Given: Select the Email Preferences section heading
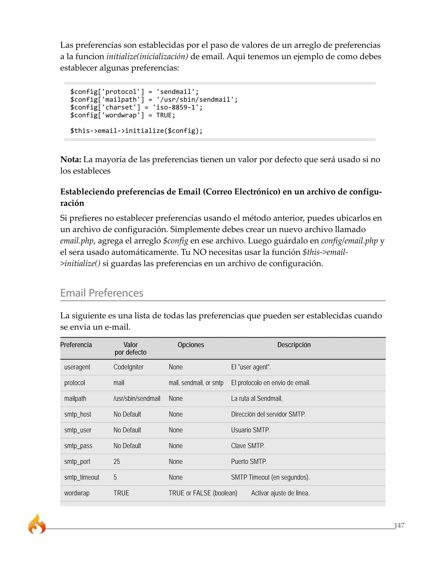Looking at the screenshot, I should point(102,293).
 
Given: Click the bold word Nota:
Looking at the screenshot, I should point(71,159).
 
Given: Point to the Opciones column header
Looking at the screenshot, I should point(191,345).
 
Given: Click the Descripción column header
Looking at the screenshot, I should point(294,345).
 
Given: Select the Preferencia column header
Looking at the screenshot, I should point(76,345).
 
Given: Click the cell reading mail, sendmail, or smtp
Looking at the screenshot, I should point(196,383).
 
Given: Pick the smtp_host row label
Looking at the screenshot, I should point(78,414).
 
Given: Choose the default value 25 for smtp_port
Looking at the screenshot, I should point(117,462).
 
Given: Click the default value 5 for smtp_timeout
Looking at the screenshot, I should point(115,477).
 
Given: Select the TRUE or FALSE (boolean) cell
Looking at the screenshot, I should point(203,493).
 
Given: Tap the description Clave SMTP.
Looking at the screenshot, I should point(248,446).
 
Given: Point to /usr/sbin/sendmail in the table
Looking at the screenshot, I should point(137,399).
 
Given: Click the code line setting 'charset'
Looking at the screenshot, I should point(136,107).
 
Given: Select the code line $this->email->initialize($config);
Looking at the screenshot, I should point(136,131).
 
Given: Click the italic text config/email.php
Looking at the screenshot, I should point(349,241).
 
